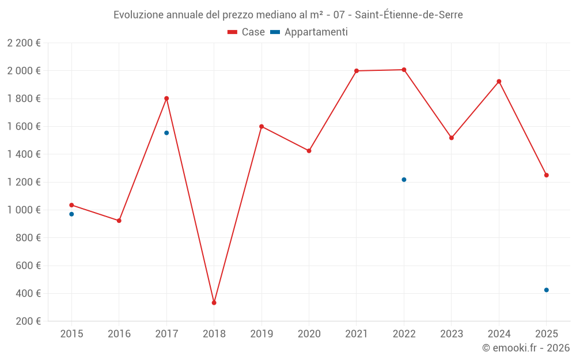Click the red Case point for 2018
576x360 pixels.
(x=214, y=302)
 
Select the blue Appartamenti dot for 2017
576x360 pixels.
(x=166, y=132)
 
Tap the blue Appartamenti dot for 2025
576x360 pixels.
(x=546, y=290)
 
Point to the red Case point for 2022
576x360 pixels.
(x=404, y=70)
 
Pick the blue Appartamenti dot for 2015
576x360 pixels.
(x=71, y=214)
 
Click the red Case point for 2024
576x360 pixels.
(x=499, y=81)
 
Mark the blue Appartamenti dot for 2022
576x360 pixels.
(x=404, y=180)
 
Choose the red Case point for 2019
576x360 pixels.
(x=262, y=126)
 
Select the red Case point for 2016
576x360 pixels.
(x=119, y=221)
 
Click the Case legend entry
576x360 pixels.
(x=247, y=32)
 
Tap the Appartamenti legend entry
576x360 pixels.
(x=309, y=32)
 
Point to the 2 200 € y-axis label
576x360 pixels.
(x=24, y=43)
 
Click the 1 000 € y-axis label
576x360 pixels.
(x=24, y=210)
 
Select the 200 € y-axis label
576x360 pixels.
(x=28, y=321)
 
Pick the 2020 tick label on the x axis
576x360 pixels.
(x=309, y=334)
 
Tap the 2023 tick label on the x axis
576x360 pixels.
(x=451, y=334)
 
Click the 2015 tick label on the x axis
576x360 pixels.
(x=71, y=334)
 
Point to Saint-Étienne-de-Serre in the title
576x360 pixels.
(x=408, y=15)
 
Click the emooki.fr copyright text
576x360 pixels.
(x=525, y=348)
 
